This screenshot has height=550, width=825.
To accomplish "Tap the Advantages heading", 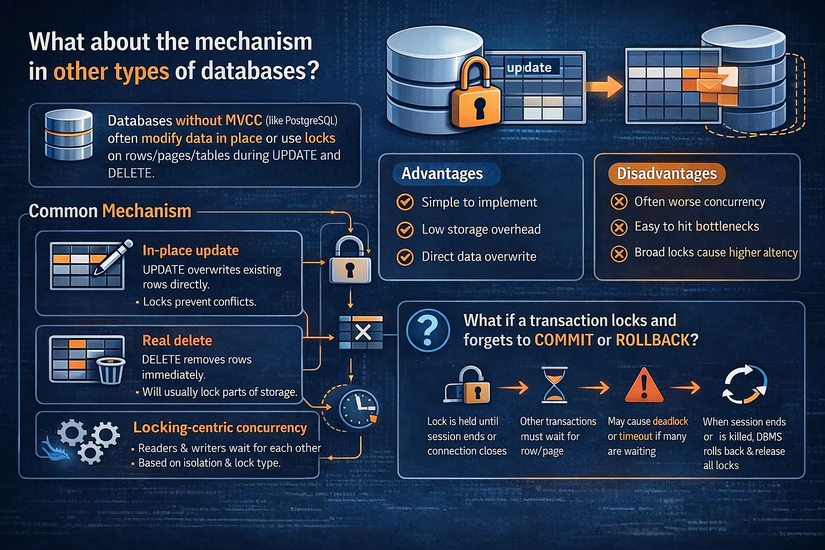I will (x=441, y=173).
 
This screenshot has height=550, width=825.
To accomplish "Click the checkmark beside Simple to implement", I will (x=406, y=202).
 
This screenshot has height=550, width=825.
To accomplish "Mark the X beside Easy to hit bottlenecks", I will (x=617, y=227).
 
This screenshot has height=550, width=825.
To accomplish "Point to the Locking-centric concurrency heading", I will (x=218, y=428).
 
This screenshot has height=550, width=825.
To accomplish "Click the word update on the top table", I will (x=530, y=67).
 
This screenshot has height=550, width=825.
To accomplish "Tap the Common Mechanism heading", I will (x=109, y=212).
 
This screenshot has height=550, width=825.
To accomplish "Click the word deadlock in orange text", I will (x=675, y=422).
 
